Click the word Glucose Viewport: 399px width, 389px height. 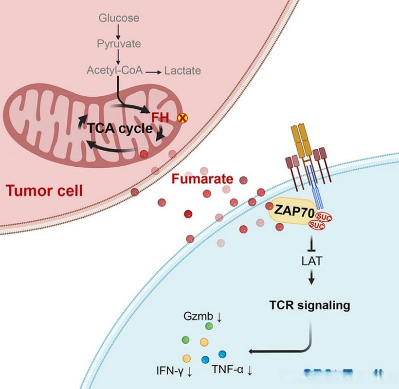pos(119,18)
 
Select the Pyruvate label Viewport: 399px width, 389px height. pos(119,44)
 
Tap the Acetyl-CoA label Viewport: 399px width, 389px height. pos(115,71)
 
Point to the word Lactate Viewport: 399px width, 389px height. pos(182,71)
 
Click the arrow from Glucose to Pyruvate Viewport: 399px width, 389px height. pos(118,32)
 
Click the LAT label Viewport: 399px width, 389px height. pos(312,262)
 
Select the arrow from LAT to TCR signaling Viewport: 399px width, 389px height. pos(312,278)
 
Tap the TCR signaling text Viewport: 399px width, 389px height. pos(310,306)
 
